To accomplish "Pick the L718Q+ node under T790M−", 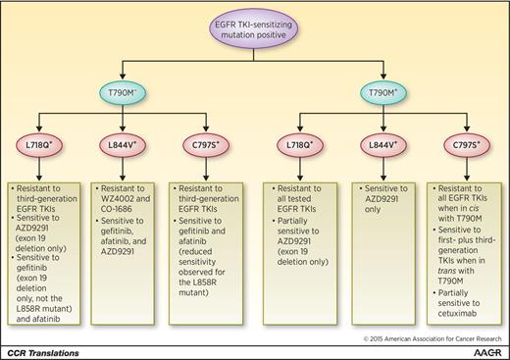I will coord(43,156).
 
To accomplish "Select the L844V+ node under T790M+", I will coord(383,156).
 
